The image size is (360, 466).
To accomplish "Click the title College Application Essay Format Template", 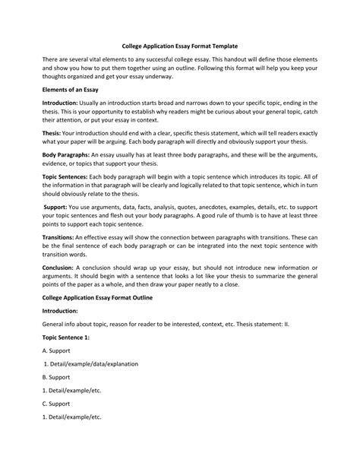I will click(179, 45).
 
